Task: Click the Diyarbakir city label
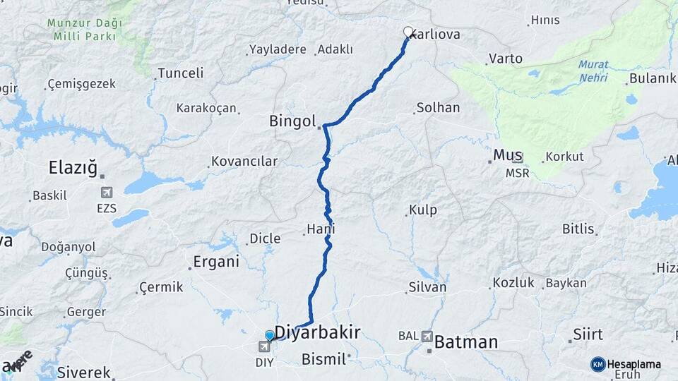[317, 332]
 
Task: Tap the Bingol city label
[292, 121]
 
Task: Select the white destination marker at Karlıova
[408, 31]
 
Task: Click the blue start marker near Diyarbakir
[270, 335]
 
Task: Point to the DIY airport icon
[265, 346]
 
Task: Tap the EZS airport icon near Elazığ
[107, 193]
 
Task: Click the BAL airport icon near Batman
[427, 337]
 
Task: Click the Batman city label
[465, 343]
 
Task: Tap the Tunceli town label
[180, 73]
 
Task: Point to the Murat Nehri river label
[593, 71]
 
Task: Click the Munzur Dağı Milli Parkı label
[85, 28]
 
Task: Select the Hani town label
[320, 229]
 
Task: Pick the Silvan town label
[427, 287]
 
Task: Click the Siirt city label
[588, 334]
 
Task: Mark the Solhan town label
[438, 108]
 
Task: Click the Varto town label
[505, 59]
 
